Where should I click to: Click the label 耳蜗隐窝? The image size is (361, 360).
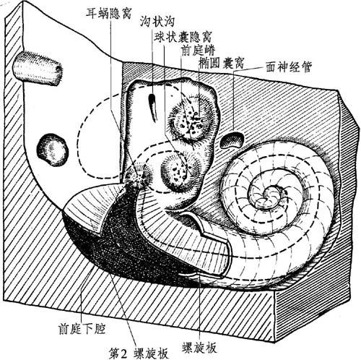109,14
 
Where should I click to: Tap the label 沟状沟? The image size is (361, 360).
157,22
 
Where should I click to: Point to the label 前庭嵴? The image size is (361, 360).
198,51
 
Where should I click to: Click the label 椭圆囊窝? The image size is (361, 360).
222,63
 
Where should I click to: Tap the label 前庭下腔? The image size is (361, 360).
82,329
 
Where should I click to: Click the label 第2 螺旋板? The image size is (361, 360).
139,353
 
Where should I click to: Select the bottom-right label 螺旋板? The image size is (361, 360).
199,348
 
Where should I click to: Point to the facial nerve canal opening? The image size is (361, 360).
232,140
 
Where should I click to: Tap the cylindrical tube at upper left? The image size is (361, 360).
38,69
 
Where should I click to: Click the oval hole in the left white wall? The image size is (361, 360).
53,150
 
